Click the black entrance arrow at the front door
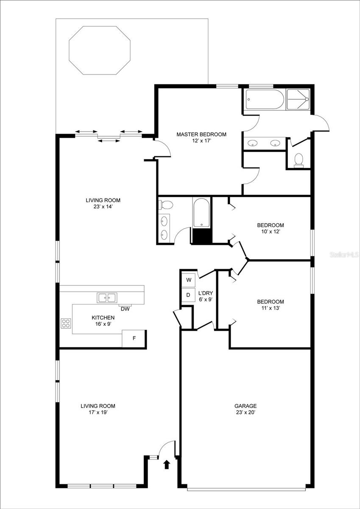tap(167, 465)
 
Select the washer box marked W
tap(188, 280)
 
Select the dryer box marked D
tap(188, 295)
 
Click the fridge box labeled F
tap(134, 338)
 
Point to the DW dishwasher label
tap(125, 309)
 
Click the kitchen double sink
tap(107, 298)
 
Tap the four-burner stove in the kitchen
tap(66, 324)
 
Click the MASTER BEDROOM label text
tap(201, 134)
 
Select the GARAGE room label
tap(246, 406)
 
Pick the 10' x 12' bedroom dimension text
tap(270, 232)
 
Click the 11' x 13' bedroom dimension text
tap(270, 308)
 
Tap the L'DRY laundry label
tap(205, 293)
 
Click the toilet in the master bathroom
tap(299, 159)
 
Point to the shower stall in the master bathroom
tap(299, 100)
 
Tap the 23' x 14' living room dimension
tap(103, 207)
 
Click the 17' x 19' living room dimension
tap(98, 412)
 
